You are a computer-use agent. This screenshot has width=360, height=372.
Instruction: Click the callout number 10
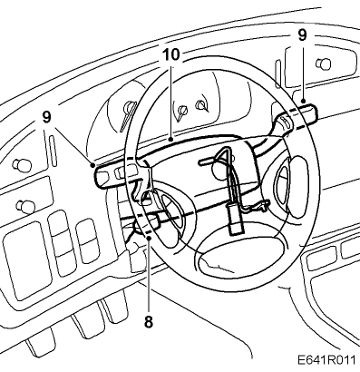coord(171,54)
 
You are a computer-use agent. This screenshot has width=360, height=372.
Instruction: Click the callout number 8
coord(149,321)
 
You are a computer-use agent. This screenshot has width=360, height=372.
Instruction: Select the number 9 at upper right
coord(302,35)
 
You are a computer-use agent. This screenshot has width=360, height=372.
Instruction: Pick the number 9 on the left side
coord(47,117)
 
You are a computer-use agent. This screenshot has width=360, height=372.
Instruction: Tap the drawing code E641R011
coord(327,360)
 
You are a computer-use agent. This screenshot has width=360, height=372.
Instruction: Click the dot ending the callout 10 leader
coord(171,140)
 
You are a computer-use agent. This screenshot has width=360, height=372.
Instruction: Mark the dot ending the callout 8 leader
coord(149,239)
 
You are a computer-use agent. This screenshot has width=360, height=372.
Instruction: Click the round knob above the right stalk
coord(323,64)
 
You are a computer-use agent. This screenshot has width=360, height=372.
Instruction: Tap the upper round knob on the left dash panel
coord(22,164)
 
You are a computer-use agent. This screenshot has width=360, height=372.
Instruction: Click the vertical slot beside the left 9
coord(53,151)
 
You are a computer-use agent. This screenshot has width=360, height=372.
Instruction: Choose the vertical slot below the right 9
coord(277,74)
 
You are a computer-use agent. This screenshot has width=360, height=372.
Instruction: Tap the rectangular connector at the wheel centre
coord(235,219)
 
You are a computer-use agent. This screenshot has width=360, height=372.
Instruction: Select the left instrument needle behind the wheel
coord(128,116)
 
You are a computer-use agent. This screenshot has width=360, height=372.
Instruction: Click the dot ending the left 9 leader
coord(92,165)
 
